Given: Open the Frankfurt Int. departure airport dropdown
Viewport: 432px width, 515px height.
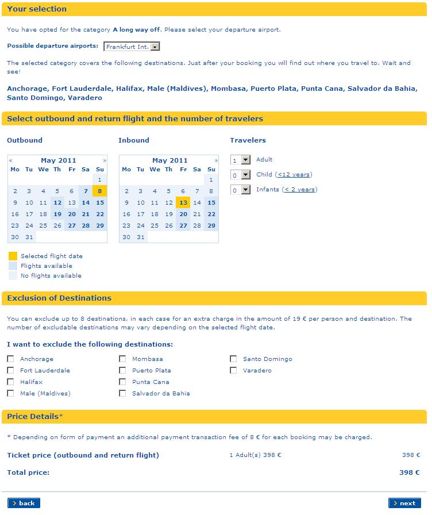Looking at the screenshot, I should [x=132, y=47].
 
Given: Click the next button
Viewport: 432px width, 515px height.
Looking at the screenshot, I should [x=404, y=503].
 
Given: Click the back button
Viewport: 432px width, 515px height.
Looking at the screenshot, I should [x=24, y=503].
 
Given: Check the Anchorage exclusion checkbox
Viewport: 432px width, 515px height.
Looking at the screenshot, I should [x=10, y=359].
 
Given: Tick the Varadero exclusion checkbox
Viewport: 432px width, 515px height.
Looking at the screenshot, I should [x=233, y=370].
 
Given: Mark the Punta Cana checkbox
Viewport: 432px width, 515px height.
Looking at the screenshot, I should [x=122, y=382].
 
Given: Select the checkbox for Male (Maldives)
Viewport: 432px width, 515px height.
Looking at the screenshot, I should [x=10, y=393].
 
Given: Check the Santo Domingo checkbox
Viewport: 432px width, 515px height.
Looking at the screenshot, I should [x=233, y=359].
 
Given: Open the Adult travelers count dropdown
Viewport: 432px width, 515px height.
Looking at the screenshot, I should [x=241, y=160].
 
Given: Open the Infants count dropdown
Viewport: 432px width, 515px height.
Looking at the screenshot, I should [x=241, y=190].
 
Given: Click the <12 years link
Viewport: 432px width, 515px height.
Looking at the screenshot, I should [x=294, y=174].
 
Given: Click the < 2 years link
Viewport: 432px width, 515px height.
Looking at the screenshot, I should [x=299, y=189].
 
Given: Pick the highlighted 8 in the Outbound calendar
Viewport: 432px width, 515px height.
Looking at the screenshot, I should [x=100, y=191].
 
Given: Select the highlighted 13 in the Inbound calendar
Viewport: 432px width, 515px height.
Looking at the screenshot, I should [x=183, y=202].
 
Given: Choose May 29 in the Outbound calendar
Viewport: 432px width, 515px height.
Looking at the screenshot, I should [x=100, y=225].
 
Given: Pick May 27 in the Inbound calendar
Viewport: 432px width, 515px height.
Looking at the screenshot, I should [x=183, y=225].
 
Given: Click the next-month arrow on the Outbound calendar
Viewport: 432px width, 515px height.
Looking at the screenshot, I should [x=105, y=160].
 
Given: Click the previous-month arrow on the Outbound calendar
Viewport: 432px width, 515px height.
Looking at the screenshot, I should [x=11, y=160].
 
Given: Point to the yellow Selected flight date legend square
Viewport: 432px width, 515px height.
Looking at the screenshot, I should [x=13, y=256].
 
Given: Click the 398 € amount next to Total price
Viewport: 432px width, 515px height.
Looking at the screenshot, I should [x=409, y=472].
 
